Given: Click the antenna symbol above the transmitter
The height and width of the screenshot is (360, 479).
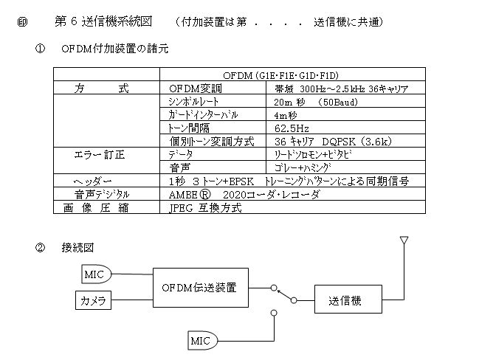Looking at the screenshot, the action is coord(404,240).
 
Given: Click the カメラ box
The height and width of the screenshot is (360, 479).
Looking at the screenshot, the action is coord(93,300).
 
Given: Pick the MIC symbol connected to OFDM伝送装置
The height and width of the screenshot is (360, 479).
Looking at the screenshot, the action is coord(96,274).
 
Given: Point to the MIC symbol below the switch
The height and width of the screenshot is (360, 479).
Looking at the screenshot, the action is coord(202,341).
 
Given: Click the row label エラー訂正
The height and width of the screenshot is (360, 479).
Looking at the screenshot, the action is coord(100,154).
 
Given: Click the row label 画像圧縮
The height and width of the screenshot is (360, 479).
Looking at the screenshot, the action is coord(96,207).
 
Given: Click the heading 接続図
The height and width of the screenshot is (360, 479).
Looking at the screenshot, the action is coord(77,247).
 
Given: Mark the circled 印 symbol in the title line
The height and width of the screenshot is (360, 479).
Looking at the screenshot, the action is coord(22,22).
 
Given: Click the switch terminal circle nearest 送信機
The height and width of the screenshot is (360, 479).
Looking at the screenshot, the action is coord(294,300).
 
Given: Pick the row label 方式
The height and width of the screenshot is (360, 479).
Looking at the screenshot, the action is coord(102,89).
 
